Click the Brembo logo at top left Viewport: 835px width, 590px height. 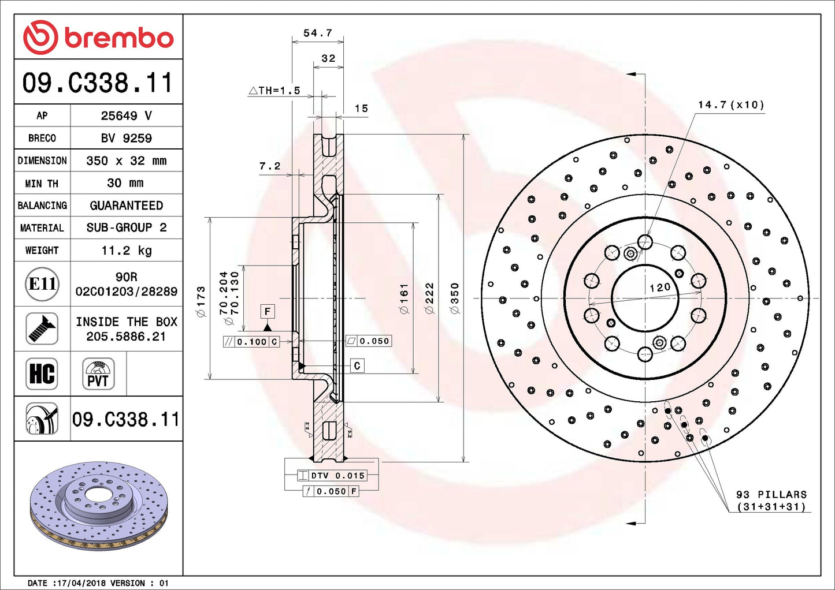98,38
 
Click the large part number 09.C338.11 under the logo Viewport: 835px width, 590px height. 98,83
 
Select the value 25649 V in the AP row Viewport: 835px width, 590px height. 126,115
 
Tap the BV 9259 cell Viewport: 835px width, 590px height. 126,138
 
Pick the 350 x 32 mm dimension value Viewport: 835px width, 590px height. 126,160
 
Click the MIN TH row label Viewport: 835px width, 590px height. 42,184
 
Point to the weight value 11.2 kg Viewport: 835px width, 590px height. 126,251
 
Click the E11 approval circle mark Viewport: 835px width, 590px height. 42,284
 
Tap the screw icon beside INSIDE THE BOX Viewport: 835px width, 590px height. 42,328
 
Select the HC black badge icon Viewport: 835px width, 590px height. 42,374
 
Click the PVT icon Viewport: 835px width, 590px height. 98,374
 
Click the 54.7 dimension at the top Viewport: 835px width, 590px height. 318,33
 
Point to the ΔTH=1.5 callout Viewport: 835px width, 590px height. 274,91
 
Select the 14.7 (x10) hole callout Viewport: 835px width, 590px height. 730,104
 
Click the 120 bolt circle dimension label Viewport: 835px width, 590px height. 659,287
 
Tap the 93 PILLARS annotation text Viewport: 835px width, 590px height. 771,495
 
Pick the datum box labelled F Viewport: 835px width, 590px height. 267,312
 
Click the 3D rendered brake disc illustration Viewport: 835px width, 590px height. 98,505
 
